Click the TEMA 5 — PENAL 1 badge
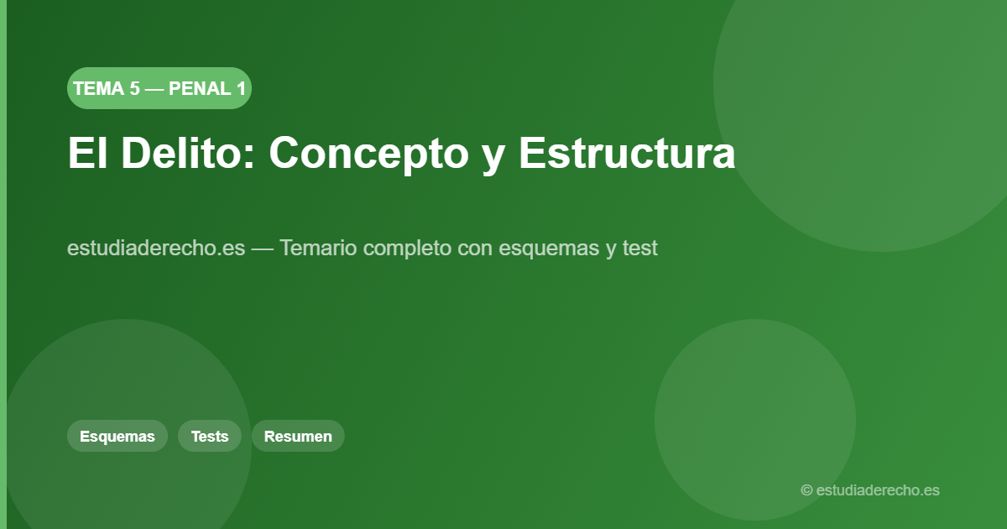pyautogui.click(x=159, y=88)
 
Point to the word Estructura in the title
pyautogui.click(x=627, y=153)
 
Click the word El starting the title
pyautogui.click(x=87, y=153)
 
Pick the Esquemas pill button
pyautogui.click(x=117, y=436)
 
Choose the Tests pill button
pyautogui.click(x=210, y=436)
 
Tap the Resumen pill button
pyautogui.click(x=298, y=436)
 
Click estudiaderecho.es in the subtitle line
pyautogui.click(x=156, y=249)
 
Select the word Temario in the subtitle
pyautogui.click(x=318, y=249)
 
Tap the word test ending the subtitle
pyautogui.click(x=640, y=249)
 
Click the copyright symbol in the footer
pyautogui.click(x=806, y=490)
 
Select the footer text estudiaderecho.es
pyautogui.click(x=878, y=490)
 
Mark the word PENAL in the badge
pyautogui.click(x=200, y=88)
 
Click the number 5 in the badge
pyautogui.click(x=134, y=88)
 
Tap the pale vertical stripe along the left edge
pyautogui.click(x=3, y=264)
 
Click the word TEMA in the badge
pyautogui.click(x=98, y=88)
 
